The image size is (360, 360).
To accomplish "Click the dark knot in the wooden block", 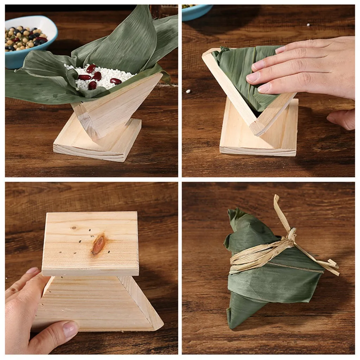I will [x=98, y=245].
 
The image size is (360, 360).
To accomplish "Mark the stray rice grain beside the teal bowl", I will [x=308, y=25].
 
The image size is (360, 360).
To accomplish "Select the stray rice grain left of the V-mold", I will [x=188, y=91].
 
